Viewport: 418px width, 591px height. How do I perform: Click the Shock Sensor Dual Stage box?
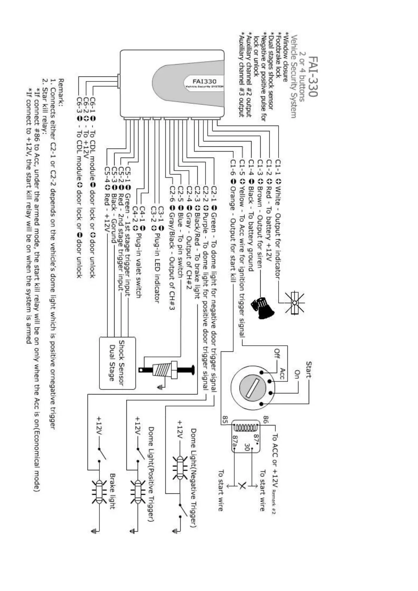point(117,363)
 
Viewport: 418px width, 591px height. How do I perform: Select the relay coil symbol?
point(246,428)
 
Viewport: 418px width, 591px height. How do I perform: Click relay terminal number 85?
point(225,419)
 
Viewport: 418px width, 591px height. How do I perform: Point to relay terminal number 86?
point(266,419)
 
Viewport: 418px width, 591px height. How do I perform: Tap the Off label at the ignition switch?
point(277,353)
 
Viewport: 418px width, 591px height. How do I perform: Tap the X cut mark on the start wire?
point(242,486)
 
